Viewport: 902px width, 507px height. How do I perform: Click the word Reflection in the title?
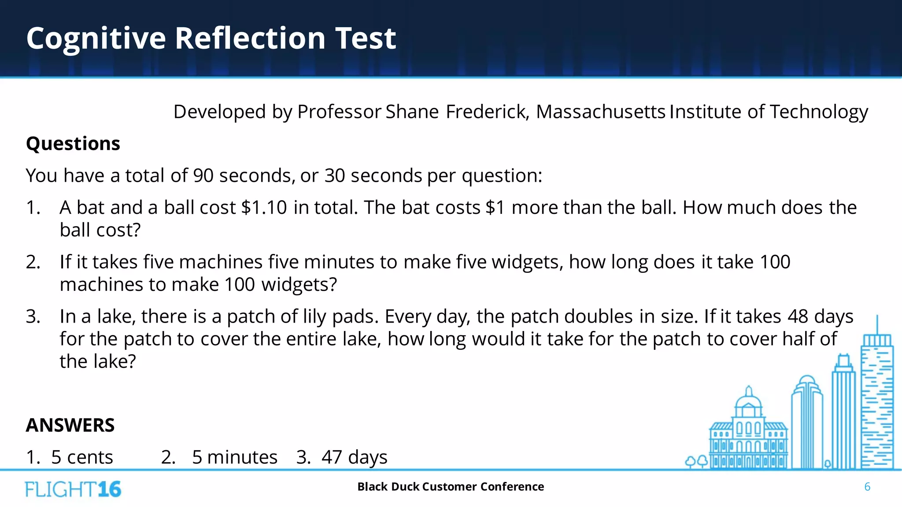(250, 38)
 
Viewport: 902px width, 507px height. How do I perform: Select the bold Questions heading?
(73, 144)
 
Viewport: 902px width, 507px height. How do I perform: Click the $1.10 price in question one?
(264, 208)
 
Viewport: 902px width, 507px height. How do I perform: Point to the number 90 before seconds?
(203, 176)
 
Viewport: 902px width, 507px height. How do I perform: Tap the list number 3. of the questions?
(33, 317)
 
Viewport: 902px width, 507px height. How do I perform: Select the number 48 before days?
(798, 317)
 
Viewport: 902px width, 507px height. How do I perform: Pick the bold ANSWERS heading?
(70, 426)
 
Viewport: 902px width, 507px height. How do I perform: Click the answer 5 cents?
(82, 458)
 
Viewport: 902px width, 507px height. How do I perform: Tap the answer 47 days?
(354, 458)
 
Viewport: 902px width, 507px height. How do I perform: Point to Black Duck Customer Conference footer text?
(451, 487)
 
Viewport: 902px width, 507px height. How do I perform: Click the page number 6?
(867, 487)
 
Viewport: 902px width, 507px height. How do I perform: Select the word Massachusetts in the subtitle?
(600, 112)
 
